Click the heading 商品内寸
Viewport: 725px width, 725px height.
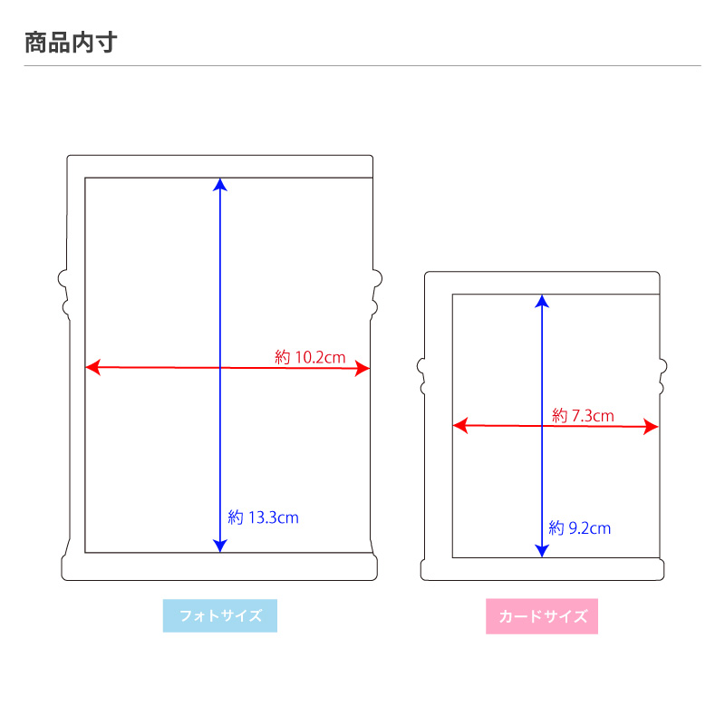(70, 42)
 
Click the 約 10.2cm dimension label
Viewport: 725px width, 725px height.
(310, 357)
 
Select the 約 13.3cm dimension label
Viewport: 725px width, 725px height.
(263, 518)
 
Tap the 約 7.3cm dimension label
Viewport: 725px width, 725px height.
(583, 416)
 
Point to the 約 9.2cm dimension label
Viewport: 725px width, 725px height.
(579, 527)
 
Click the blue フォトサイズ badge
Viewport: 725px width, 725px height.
(220, 616)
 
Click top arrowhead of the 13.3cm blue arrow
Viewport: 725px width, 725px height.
(219, 183)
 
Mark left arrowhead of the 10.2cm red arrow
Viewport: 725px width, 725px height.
(92, 368)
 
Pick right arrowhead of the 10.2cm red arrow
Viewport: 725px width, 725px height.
(364, 368)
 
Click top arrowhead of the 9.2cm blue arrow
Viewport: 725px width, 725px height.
(541, 300)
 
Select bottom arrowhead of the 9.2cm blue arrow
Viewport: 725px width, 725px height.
(541, 550)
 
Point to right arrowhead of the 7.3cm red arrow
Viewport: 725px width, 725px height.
(652, 426)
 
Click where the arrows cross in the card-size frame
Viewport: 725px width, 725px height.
(541, 426)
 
